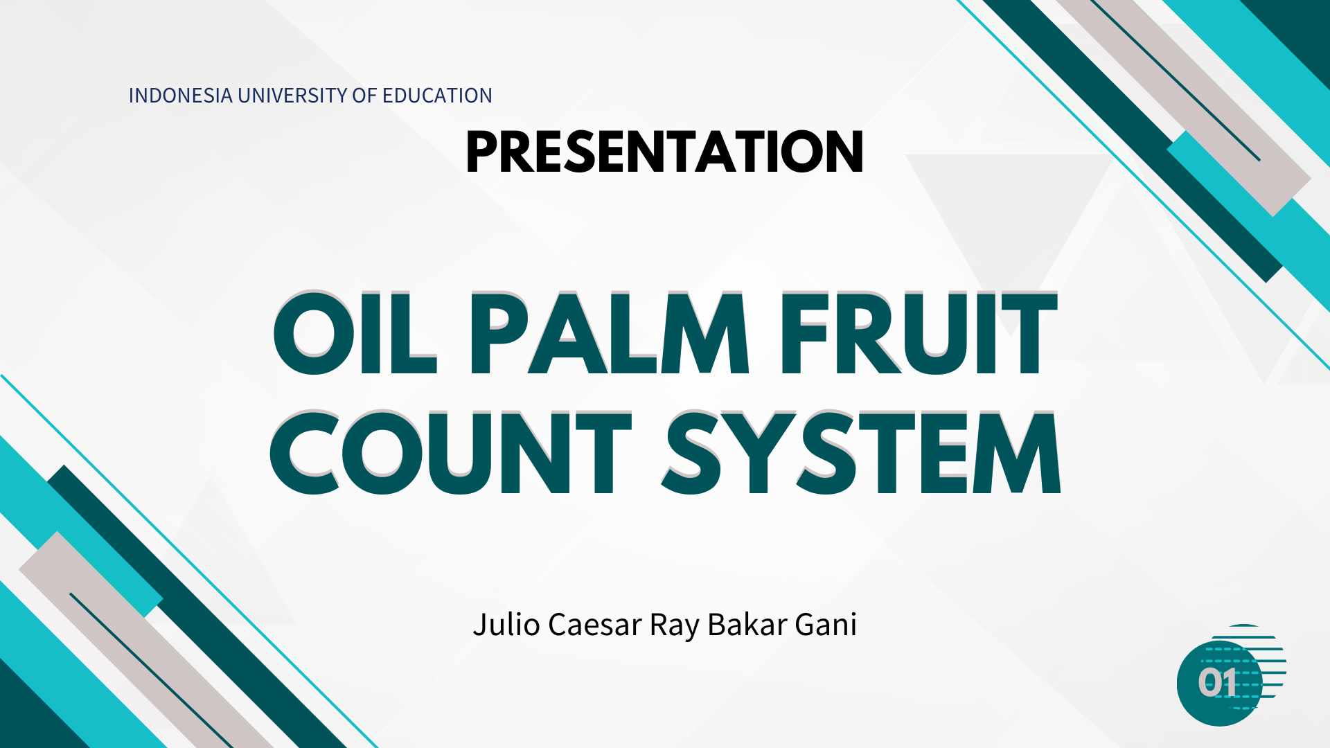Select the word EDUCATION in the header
[x=437, y=96]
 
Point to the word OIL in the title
[x=355, y=333]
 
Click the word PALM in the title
[x=610, y=333]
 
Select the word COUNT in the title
[x=450, y=453]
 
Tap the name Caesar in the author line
[x=595, y=625]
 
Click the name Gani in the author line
[x=826, y=625]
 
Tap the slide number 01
[x=1218, y=683]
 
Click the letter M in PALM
[x=704, y=333]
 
